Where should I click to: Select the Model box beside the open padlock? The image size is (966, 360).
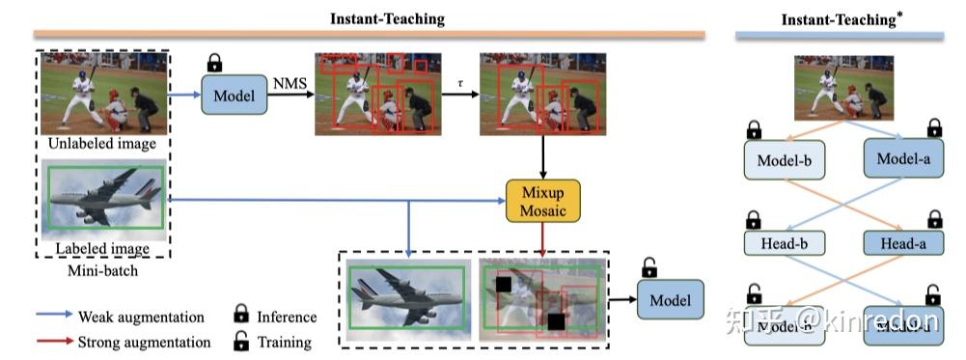pos(670,300)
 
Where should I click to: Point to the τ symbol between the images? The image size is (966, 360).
pos(460,85)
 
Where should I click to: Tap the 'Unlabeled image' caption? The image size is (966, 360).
pos(101,144)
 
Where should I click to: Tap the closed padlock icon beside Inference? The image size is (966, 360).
pos(240,316)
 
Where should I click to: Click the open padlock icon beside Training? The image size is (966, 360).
pos(240,341)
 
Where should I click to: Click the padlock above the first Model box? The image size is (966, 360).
pos(214,64)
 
